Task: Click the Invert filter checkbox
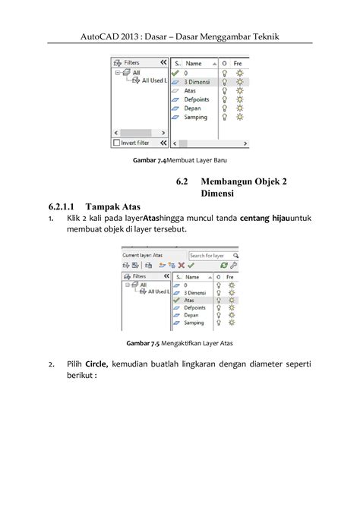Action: coord(116,141)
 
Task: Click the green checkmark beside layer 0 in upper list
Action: coord(176,72)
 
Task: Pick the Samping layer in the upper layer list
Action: coord(197,117)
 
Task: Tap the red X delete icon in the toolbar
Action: coord(181,266)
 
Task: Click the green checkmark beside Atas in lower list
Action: coord(176,299)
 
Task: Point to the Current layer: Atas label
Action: coord(143,256)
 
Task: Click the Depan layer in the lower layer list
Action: coord(194,316)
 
